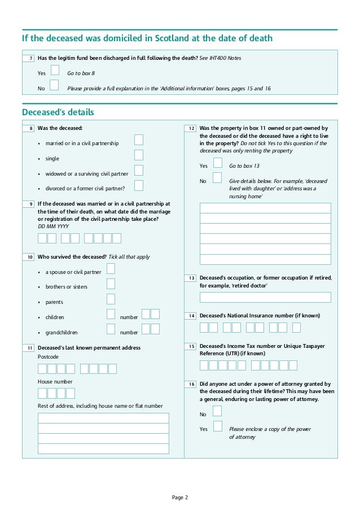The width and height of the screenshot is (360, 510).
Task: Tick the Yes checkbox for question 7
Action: point(55,70)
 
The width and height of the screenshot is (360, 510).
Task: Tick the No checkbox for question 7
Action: point(54,85)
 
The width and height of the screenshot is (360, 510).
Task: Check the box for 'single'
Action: point(139,155)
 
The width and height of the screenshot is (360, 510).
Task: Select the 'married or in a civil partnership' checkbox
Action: point(139,140)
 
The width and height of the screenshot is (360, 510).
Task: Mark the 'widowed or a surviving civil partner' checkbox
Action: point(139,171)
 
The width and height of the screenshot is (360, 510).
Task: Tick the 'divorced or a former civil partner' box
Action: point(139,185)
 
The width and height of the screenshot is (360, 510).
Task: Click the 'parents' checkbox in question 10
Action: point(111,299)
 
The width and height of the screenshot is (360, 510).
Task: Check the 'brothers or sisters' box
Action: point(111,284)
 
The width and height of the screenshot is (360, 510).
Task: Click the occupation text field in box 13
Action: point(265,297)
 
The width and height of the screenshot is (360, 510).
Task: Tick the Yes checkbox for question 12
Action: point(217,163)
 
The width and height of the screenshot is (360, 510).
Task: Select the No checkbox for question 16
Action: point(217,411)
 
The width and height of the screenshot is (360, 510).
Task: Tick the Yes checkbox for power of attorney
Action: point(217,426)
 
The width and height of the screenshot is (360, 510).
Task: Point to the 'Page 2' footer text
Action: point(180,497)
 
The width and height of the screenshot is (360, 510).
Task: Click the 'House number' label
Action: point(55,382)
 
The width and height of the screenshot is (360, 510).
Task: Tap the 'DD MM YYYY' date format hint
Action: point(53,226)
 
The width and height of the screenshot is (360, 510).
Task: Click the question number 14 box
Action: point(191,316)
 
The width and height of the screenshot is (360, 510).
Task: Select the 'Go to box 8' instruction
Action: point(81,73)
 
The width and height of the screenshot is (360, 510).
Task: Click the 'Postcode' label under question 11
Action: point(48,357)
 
